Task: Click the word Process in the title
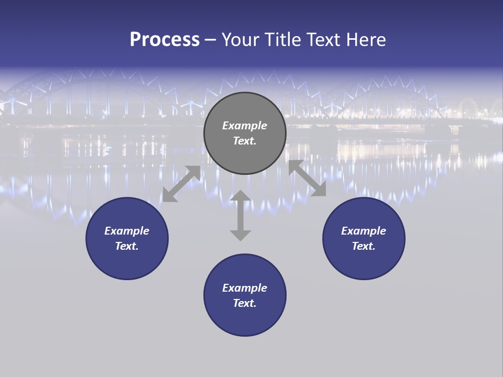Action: (x=165, y=40)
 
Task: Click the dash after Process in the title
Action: (x=210, y=40)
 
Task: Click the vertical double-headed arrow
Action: (x=240, y=215)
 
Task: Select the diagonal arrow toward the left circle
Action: (x=181, y=184)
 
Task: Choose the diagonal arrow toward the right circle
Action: (x=308, y=178)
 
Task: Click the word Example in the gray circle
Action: (x=245, y=126)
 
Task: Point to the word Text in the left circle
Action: (x=127, y=246)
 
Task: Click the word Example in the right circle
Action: (x=364, y=231)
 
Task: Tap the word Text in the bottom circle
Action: (x=245, y=303)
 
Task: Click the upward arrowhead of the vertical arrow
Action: (x=240, y=196)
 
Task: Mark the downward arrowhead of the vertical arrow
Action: (x=240, y=235)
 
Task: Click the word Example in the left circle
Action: (x=127, y=231)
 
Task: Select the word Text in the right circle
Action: (x=364, y=246)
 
